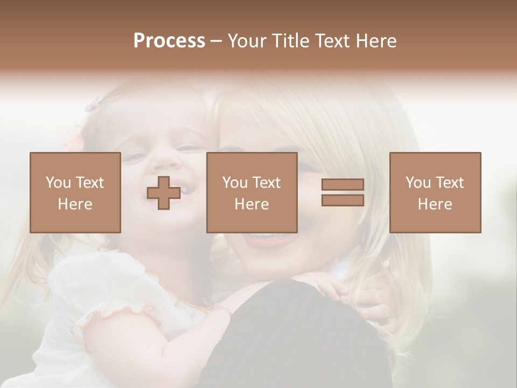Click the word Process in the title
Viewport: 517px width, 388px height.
click(x=169, y=41)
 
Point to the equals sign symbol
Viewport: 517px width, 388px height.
click(x=343, y=193)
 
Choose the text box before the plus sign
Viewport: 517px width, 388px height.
click(x=75, y=193)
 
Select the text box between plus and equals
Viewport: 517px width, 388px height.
click(x=251, y=193)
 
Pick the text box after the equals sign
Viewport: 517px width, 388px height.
click(x=435, y=193)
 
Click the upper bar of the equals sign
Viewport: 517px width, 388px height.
click(x=343, y=185)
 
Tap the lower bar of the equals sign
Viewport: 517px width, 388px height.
click(x=343, y=200)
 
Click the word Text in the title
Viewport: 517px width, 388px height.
click(x=331, y=41)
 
